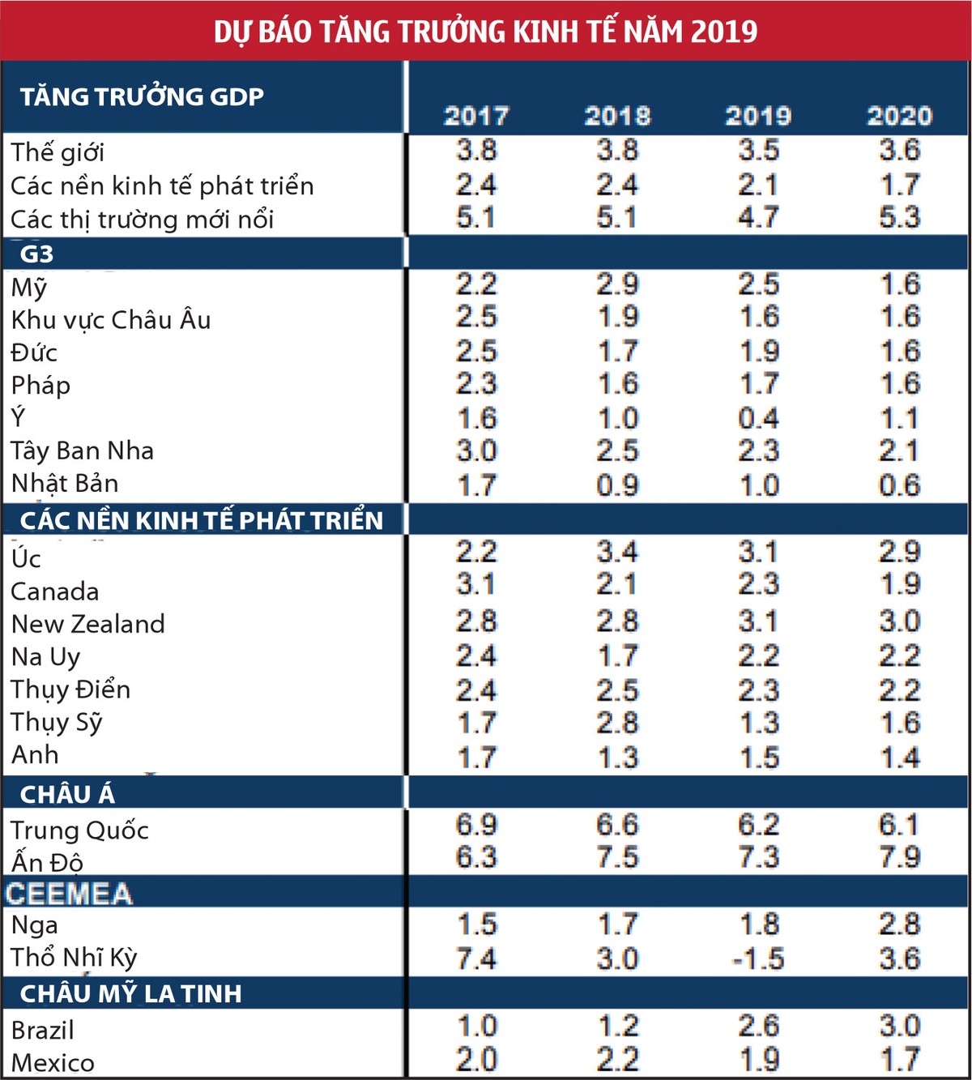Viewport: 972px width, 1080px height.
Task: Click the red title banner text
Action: (x=485, y=31)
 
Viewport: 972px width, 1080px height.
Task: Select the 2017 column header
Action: (x=476, y=116)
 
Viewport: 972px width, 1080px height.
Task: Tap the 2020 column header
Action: (x=899, y=116)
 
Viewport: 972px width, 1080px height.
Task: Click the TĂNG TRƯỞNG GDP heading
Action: (x=142, y=96)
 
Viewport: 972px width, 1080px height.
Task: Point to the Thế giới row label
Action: (x=58, y=152)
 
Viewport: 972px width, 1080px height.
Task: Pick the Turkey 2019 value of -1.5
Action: (x=758, y=958)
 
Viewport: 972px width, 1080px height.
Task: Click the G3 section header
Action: (x=37, y=254)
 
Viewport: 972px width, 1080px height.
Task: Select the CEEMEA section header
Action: (x=69, y=894)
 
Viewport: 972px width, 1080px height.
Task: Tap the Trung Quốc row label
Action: (x=79, y=830)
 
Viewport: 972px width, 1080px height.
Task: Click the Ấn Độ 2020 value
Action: (x=899, y=857)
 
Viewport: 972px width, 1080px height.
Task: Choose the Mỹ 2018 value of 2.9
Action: (x=617, y=284)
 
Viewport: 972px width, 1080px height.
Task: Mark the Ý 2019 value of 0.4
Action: (x=758, y=418)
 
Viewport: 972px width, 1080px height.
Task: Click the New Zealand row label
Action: (x=87, y=624)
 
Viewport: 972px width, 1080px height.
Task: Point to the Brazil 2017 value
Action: (x=476, y=1026)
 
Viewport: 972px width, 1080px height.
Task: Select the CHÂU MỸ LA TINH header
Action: (x=130, y=993)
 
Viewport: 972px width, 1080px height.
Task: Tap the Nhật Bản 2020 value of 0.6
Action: (x=899, y=485)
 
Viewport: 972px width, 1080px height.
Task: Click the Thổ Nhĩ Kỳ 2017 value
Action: (x=476, y=958)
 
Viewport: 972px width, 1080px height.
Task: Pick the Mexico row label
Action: (x=53, y=1062)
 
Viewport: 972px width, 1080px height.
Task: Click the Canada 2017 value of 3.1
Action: (x=476, y=584)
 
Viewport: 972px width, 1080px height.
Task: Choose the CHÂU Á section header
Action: (x=67, y=794)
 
